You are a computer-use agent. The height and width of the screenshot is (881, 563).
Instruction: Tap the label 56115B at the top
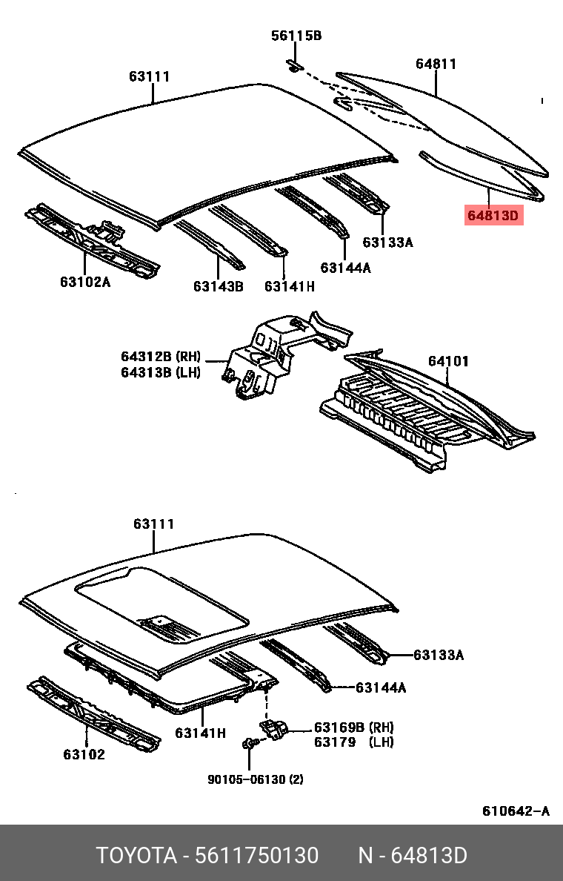coord(296,36)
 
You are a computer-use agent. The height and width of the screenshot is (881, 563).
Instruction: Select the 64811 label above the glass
coord(436,64)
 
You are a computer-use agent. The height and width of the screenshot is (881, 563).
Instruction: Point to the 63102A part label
coord(85,282)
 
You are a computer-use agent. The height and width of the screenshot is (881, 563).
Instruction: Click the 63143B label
coord(219,286)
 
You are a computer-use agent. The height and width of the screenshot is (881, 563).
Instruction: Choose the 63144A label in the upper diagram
coord(346,268)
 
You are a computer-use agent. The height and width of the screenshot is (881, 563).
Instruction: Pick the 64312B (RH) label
coord(161,357)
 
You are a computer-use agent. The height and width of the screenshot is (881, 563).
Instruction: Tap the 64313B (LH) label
coord(161,372)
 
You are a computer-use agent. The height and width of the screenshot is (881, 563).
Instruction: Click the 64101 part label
coord(448,361)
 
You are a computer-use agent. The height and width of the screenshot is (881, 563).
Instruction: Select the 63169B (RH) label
coord(354,727)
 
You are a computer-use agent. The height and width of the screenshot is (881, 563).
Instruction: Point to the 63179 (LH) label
coord(354,742)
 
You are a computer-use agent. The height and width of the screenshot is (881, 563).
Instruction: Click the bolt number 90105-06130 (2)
coord(255,779)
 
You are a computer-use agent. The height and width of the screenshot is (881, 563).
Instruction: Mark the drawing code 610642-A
coord(516,811)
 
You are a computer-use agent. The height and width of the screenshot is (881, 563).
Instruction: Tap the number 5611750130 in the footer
coord(256,856)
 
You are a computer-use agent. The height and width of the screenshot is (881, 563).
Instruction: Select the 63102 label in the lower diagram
coord(84,755)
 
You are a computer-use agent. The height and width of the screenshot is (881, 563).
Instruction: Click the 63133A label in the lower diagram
coord(439,655)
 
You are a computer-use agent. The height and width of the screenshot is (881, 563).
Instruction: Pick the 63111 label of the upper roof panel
coord(150,76)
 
